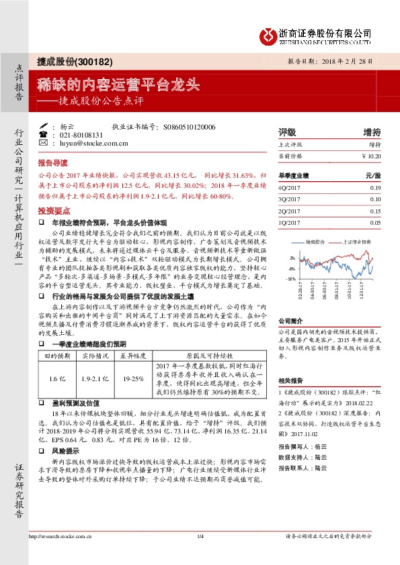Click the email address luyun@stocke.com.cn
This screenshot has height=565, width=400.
click(83, 143)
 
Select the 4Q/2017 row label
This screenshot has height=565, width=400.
click(288, 188)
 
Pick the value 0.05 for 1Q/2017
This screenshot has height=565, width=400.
click(375, 223)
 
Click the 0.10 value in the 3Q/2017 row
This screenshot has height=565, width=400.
click(375, 199)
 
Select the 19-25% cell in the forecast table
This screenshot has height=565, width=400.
click(133, 379)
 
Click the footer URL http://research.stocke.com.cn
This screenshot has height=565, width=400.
click(60, 536)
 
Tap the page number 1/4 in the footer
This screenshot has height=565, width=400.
click(200, 536)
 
